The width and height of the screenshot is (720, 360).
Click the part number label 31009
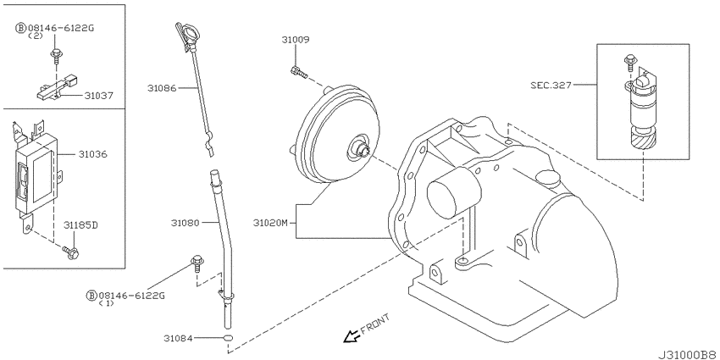(296, 40)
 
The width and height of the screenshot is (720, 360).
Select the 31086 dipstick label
(162, 88)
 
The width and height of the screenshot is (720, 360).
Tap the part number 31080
(185, 223)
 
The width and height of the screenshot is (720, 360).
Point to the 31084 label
(178, 339)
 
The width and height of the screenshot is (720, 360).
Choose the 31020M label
(270, 223)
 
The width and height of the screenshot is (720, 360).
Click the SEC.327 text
(551, 85)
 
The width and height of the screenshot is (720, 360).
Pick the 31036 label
(93, 154)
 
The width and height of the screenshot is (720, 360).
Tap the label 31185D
(80, 225)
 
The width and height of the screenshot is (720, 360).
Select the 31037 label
(98, 96)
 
